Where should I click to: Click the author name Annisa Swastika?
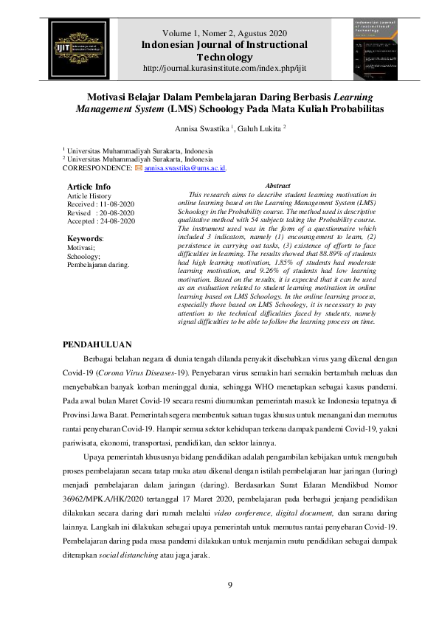(179, 128)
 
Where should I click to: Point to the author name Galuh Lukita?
(241, 128)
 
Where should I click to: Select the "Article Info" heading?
(89, 187)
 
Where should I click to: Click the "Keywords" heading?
(85, 239)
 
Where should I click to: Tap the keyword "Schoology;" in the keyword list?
(83, 256)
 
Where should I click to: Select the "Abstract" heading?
(277, 186)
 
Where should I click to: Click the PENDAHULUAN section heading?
(97, 344)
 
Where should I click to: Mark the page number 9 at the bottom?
(229, 585)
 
